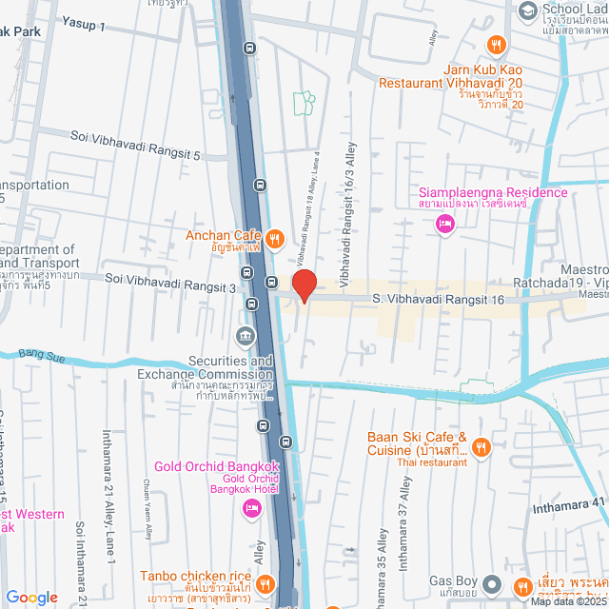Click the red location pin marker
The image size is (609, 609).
coord(304,285)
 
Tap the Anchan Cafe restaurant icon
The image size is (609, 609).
coord(273,239)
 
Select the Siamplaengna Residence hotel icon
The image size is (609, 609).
coord(443,224)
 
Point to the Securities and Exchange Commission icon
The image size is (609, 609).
coord(246,337)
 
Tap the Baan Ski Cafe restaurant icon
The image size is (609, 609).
coord(481,446)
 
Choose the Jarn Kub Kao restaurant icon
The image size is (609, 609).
coord(495,45)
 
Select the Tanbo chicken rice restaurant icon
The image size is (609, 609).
coord(266,582)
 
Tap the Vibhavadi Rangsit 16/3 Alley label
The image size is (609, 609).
coord(348,203)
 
